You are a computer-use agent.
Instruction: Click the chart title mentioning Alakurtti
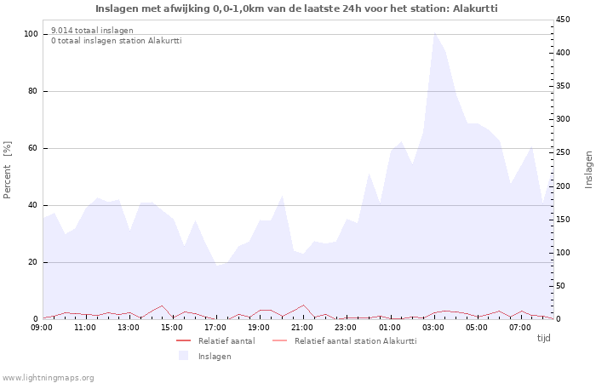[296, 9]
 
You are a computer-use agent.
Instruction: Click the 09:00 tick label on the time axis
[43, 327]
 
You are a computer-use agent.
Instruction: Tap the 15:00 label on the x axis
[173, 327]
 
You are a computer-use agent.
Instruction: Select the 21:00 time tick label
[303, 327]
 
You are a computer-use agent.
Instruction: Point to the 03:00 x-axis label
[433, 327]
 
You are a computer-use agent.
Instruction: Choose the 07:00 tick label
[520, 327]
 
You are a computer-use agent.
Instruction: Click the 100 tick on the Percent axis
[32, 34]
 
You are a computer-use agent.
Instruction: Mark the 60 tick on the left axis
[33, 148]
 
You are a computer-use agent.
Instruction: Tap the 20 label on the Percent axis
[33, 262]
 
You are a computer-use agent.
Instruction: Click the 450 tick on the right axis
[564, 20]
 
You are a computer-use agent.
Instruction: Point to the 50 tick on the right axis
[561, 286]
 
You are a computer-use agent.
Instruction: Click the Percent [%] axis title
[8, 170]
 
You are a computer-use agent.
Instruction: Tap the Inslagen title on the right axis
[588, 170]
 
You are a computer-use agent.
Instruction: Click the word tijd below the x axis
[543, 338]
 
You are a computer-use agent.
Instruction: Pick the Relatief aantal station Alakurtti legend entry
[355, 341]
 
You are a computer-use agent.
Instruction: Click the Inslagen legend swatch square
[183, 356]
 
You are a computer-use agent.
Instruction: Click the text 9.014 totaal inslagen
[92, 31]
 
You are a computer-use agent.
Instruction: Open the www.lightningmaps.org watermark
[49, 377]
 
